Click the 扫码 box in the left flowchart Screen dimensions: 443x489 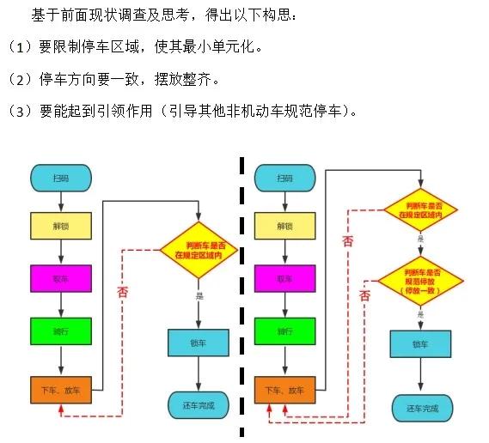[x=60, y=178]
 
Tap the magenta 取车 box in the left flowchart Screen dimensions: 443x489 [x=60, y=278]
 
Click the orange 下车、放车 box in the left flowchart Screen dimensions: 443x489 [x=60, y=391]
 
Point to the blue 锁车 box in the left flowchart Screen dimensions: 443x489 [x=199, y=343]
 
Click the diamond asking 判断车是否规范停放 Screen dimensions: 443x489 [x=421, y=278]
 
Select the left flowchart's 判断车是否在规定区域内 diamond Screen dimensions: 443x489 [x=199, y=250]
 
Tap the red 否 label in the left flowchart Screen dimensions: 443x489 [x=123, y=291]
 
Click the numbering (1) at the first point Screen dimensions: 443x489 [x=17, y=46]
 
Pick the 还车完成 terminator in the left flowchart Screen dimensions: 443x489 [x=199, y=404]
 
